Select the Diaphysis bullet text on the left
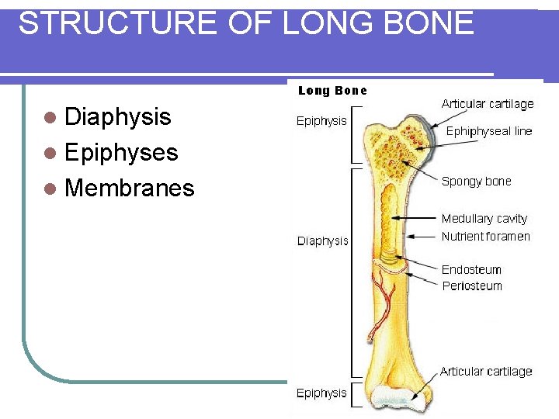point(118,117)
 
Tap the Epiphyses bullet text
point(122,152)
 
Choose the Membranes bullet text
point(130,188)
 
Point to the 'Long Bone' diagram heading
point(333,91)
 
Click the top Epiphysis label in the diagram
point(321,121)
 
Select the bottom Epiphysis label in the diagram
point(321,393)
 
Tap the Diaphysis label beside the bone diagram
point(323,241)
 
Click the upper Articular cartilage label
point(488,104)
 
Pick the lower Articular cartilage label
point(486,372)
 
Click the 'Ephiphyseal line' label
point(489,132)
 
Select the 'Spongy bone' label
point(477,182)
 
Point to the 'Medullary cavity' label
point(484,219)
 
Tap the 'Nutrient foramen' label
point(486,236)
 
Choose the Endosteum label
point(471,270)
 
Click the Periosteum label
point(472,286)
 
